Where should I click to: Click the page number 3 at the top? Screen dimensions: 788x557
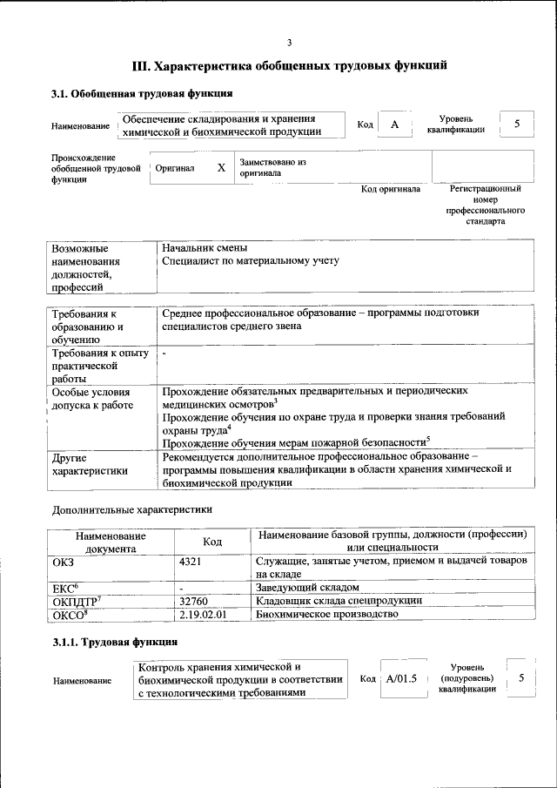pos(289,43)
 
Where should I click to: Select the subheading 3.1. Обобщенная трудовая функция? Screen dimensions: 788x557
pos(141,94)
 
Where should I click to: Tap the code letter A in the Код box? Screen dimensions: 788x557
pos(394,125)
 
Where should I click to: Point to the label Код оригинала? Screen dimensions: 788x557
pos(391,189)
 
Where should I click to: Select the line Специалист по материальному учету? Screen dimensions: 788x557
pos(251,260)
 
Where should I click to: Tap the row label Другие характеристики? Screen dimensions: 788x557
pos(90,464)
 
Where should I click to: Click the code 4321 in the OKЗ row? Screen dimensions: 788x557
pos(190,562)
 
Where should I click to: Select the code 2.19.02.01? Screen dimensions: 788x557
pos(202,614)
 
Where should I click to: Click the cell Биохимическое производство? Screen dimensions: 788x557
pos(326,614)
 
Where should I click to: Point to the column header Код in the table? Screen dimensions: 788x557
pos(211,542)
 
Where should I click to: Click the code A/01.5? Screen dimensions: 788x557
pos(402,678)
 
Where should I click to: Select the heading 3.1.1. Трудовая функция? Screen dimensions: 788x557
pos(115,643)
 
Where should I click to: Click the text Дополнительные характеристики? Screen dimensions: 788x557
pos(131,508)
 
